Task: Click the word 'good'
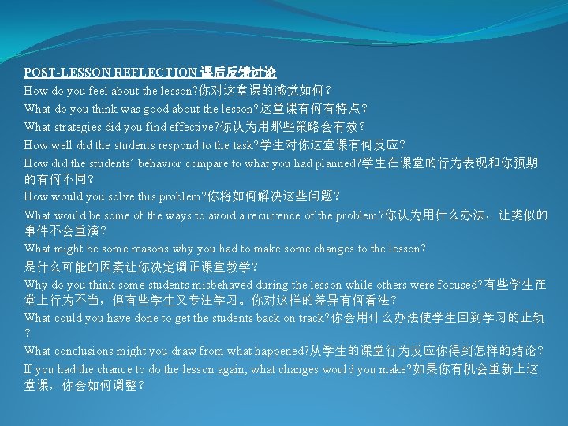coord(147,108)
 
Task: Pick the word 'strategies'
coord(81,126)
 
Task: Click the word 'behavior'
coord(158,163)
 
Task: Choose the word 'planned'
coord(333,163)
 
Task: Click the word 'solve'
coord(103,196)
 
